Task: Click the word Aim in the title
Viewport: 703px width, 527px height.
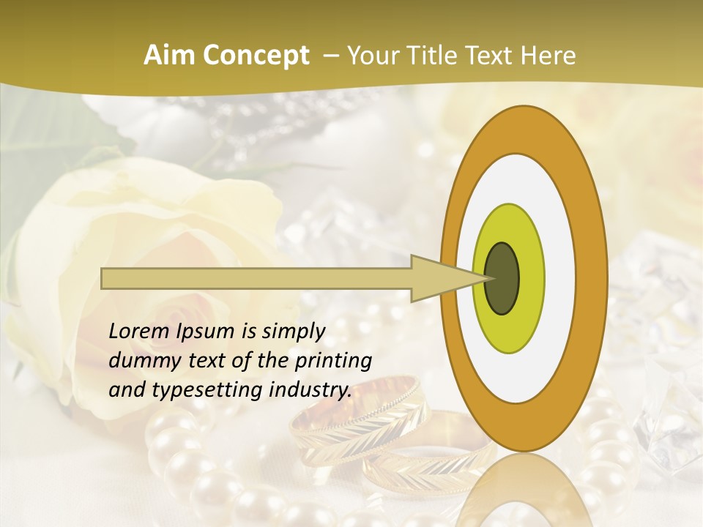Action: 169,56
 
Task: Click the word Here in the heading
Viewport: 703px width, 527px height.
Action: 548,56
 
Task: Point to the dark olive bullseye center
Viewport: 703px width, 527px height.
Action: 502,278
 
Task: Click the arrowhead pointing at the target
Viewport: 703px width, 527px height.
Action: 447,278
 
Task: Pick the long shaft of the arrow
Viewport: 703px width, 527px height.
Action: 256,278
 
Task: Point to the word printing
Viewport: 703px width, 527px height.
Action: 334,362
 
